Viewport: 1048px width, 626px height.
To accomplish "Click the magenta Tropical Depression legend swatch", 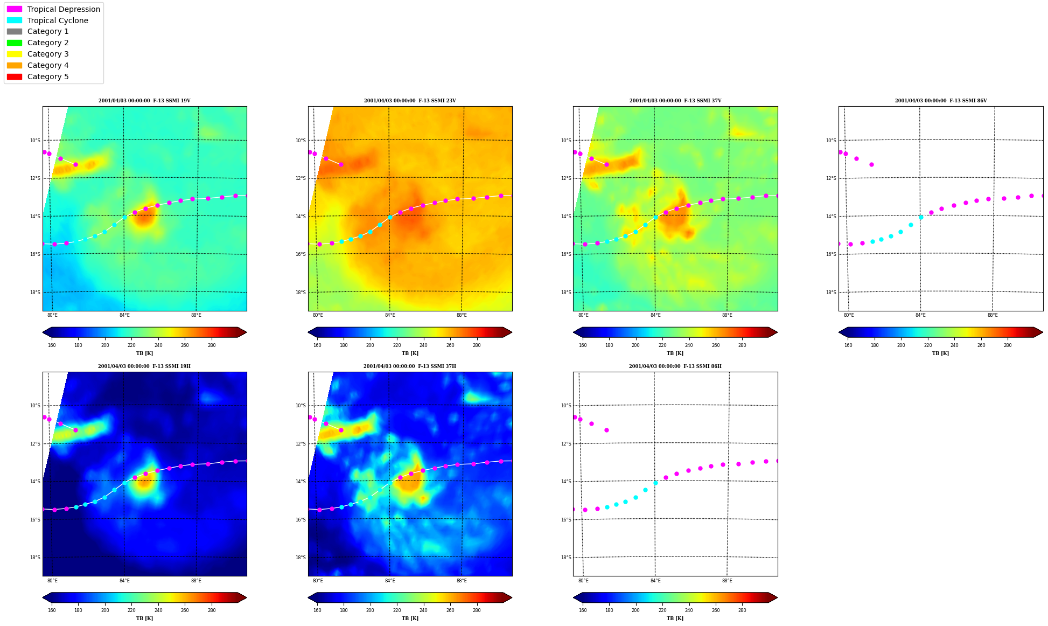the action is coord(15,9).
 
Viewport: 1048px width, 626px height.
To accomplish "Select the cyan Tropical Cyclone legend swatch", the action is coord(15,20).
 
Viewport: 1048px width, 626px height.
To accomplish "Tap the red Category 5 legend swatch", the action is coord(15,76).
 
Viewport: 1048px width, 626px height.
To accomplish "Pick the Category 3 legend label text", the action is coord(48,54).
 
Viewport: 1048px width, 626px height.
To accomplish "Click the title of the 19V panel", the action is coord(144,101).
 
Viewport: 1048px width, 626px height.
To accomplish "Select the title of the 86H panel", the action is coord(675,366).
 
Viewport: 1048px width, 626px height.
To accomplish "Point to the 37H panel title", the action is coord(410,366).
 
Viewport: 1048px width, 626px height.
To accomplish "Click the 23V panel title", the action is coord(410,101).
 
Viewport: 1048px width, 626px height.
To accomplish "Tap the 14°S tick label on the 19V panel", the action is coord(35,217).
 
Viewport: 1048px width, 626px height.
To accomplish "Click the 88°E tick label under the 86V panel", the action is coord(993,315).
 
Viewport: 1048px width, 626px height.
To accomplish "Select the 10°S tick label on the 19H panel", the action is coord(35,406).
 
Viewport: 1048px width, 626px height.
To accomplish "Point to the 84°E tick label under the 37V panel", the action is coord(655,315).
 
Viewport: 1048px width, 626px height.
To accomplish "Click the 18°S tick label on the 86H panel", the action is coord(565,558).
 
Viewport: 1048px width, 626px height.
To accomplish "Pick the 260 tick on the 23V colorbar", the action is coord(450,345).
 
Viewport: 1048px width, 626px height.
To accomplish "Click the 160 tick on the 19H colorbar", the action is coord(52,610).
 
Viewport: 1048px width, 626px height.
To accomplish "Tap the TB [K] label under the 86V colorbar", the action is coord(941,353).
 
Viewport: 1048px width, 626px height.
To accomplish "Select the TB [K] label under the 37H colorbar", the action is coord(410,618).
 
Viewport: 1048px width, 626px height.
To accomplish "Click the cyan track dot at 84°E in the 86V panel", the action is coord(921,217).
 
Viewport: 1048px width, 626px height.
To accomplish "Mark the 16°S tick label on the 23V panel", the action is coord(301,254).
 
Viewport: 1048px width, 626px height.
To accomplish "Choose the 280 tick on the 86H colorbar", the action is coord(742,610).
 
